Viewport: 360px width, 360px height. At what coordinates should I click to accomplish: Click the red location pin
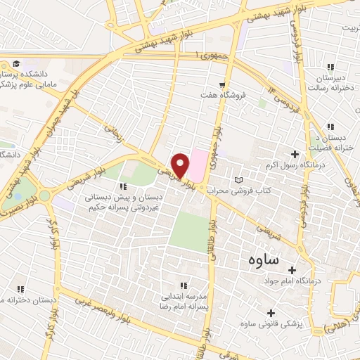(x=181, y=165)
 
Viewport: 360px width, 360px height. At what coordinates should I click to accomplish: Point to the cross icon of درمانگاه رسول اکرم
(x=295, y=154)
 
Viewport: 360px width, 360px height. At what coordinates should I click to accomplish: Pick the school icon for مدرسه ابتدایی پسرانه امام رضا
(x=183, y=285)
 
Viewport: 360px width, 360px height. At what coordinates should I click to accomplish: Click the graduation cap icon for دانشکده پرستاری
(x=15, y=65)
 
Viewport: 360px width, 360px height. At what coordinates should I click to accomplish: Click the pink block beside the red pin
(x=200, y=162)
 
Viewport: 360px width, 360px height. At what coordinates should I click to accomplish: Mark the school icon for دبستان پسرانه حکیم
(x=124, y=186)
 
